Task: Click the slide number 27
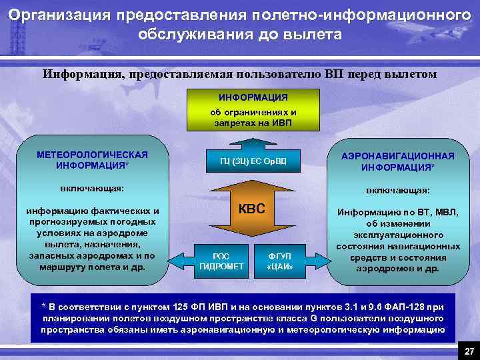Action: point(469,351)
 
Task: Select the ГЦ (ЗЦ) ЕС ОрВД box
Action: point(253,161)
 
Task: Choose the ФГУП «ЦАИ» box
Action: point(279,261)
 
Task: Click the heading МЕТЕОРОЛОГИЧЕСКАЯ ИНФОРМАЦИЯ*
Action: point(93,159)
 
